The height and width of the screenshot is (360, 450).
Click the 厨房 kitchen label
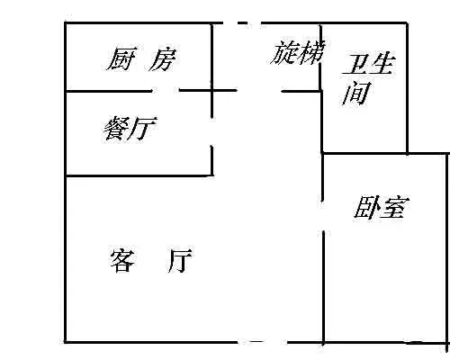click(141, 59)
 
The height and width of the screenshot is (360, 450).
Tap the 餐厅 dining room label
click(130, 129)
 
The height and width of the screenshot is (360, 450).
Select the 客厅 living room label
click(151, 260)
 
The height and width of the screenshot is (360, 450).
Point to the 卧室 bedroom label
click(382, 207)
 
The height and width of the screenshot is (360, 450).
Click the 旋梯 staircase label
click(298, 53)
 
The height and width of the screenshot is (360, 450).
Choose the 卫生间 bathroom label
click(368, 78)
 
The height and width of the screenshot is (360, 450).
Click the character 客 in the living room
click(122, 260)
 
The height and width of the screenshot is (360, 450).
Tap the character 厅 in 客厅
click(180, 260)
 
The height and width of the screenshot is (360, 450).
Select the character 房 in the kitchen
click(163, 60)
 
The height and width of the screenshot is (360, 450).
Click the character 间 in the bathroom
click(356, 93)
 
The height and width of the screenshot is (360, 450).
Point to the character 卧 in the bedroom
click(366, 207)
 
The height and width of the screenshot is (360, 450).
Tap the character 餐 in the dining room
click(116, 129)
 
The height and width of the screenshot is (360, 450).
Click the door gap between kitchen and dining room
click(166, 90)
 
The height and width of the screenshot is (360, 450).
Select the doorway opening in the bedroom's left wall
click(323, 216)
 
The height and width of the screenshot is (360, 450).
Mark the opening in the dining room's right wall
click(212, 131)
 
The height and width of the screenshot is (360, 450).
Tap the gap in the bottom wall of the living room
click(263, 342)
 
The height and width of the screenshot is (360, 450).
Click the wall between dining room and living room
click(139, 175)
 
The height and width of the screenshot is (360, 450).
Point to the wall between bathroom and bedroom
click(364, 153)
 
